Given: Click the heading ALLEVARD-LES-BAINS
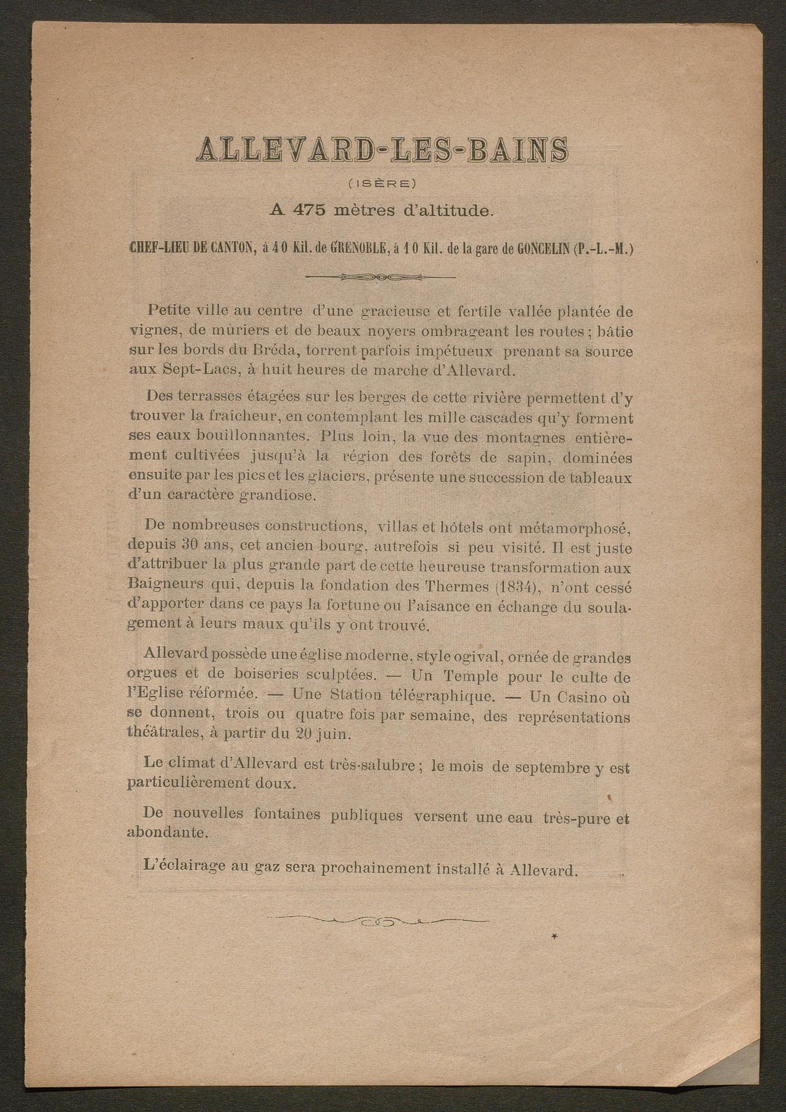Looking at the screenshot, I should [x=382, y=152].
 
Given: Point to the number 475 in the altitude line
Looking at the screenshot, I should [x=311, y=211].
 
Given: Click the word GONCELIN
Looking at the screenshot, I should [x=550, y=249].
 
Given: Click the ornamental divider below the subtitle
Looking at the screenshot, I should [x=381, y=276].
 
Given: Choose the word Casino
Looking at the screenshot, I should [x=578, y=697].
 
